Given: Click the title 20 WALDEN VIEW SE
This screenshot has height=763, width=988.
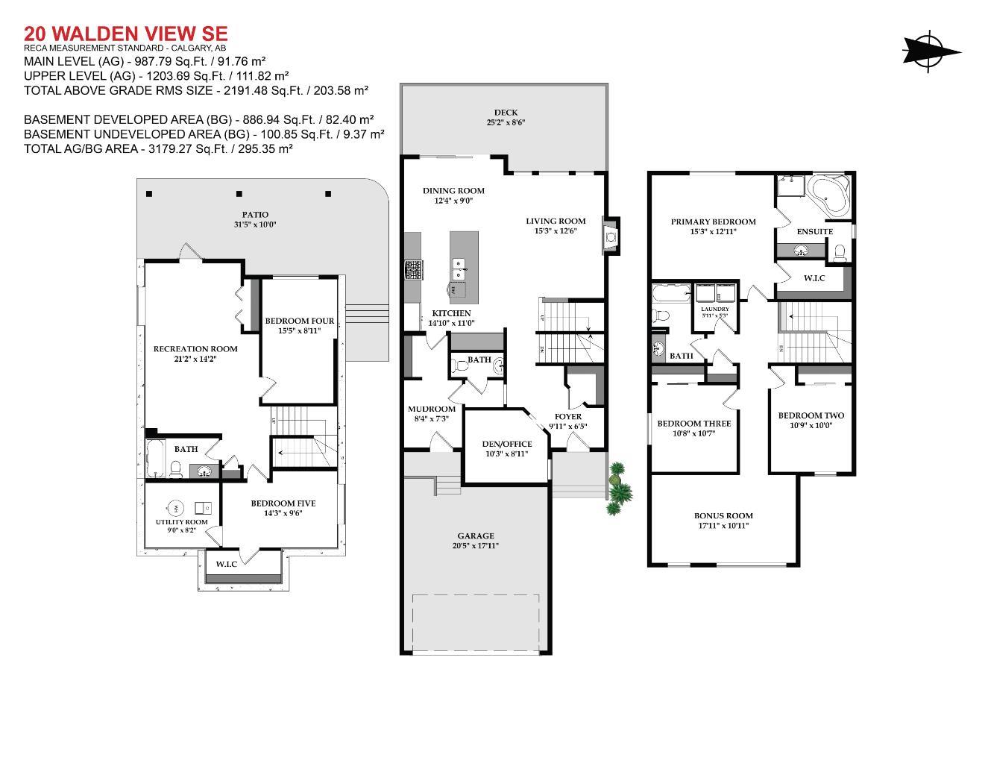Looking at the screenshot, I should coord(125,34).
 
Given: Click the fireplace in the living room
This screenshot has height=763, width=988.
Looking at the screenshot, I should coord(611,236).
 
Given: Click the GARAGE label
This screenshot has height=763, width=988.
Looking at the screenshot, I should coord(476,536).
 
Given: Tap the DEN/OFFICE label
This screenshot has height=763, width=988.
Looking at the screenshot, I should coord(507,444).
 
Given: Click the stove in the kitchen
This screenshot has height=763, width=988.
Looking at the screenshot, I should coord(413,269).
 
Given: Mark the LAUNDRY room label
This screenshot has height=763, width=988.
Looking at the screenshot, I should coord(715,309).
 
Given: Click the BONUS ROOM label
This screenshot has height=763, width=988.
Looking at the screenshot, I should coord(723,515).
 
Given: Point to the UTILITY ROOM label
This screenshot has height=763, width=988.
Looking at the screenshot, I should coord(181,522).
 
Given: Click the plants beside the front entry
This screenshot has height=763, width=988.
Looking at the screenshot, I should coord(618,490).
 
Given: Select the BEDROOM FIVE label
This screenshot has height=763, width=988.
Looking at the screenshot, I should coord(283,503).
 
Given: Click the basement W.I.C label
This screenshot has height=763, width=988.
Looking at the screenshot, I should coord(227,564).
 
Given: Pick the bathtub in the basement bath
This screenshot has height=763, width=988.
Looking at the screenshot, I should coord(155,459).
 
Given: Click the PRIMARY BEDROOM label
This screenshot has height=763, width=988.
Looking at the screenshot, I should coord(713,222).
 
